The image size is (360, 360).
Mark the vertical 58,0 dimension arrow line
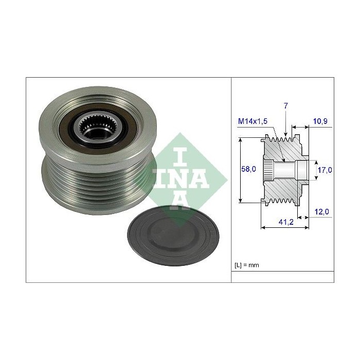[241, 170]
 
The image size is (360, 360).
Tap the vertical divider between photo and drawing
[231, 180]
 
